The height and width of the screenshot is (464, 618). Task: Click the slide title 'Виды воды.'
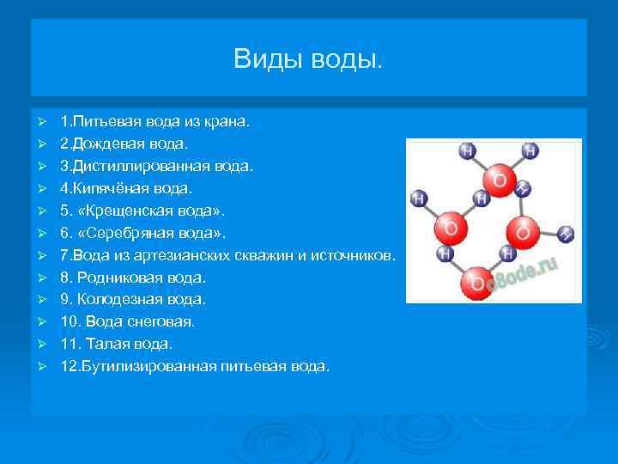pyautogui.click(x=309, y=59)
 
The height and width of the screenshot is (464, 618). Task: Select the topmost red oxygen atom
pyautogui.click(x=497, y=180)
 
